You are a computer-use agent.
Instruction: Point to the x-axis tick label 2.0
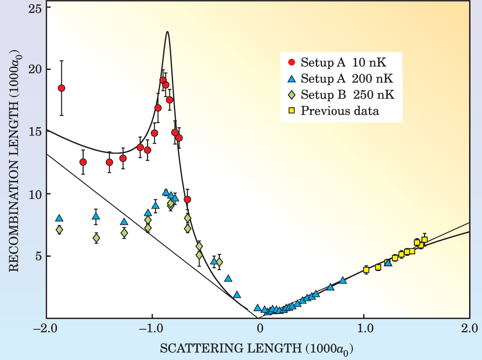tap(469, 329)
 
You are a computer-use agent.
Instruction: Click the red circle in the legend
tap(292, 62)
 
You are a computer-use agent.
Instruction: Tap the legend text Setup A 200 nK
tap(347, 78)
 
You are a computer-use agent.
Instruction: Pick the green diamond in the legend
tap(292, 95)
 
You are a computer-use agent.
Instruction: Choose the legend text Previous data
tap(340, 111)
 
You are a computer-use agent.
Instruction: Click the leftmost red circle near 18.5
tap(62, 88)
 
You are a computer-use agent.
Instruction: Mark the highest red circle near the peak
tap(163, 80)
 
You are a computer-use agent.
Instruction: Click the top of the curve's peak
tap(168, 32)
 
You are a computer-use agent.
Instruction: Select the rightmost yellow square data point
tap(424, 240)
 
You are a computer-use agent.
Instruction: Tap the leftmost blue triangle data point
tap(59, 218)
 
